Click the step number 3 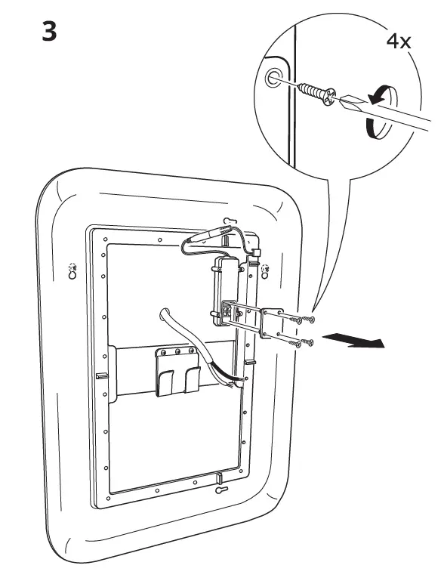[49, 31]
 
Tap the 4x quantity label [399, 42]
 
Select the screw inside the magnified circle [317, 93]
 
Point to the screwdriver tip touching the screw [341, 100]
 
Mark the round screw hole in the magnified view [273, 78]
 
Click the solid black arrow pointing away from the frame [353, 341]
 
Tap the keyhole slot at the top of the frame [229, 221]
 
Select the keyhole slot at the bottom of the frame [221, 490]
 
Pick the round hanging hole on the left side [72, 275]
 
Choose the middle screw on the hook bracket [177, 351]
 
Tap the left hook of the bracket [165, 382]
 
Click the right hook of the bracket [193, 379]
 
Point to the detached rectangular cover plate [272, 323]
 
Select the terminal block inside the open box [228, 310]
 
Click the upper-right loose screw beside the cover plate [309, 320]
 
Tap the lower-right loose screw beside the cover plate [307, 342]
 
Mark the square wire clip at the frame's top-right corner [257, 252]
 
